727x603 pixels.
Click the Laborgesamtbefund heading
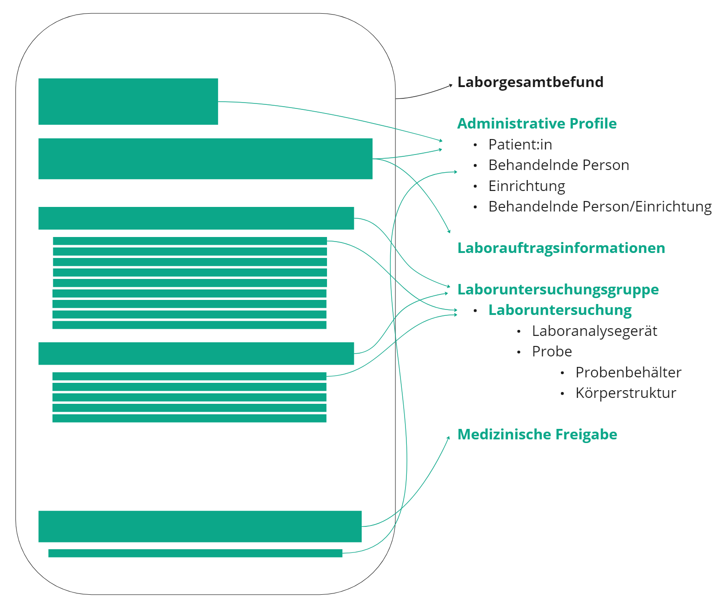(x=530, y=82)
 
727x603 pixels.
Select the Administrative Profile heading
(x=537, y=124)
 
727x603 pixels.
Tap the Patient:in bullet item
(x=520, y=144)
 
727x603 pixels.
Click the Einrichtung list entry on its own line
(x=526, y=186)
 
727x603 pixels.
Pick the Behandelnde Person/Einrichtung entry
(x=600, y=206)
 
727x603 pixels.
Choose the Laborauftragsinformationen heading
(x=561, y=248)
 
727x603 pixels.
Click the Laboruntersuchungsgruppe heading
(x=558, y=289)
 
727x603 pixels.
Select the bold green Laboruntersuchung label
(x=560, y=310)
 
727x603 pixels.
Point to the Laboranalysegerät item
(x=594, y=331)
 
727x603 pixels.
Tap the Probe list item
(x=552, y=351)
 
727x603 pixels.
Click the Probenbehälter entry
(x=628, y=372)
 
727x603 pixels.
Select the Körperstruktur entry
(x=626, y=393)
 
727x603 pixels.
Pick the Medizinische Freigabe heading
(x=537, y=434)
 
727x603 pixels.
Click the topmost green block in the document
(x=128, y=102)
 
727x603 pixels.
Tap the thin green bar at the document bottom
(x=195, y=553)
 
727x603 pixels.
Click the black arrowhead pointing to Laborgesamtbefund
(x=450, y=85)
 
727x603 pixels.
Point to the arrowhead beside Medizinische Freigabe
(x=448, y=438)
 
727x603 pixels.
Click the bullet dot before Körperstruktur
(x=562, y=393)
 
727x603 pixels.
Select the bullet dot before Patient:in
(x=475, y=145)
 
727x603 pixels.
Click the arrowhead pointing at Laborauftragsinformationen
(x=449, y=232)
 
